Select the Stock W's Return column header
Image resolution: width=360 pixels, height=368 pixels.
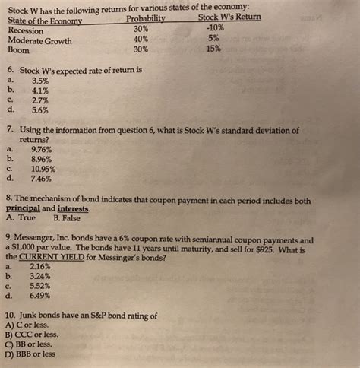(x=229, y=17)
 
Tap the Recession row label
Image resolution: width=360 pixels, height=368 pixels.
(x=27, y=30)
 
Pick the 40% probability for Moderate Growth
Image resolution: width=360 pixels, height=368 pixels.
(x=140, y=40)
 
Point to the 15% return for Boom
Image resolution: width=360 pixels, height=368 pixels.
(x=213, y=49)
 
